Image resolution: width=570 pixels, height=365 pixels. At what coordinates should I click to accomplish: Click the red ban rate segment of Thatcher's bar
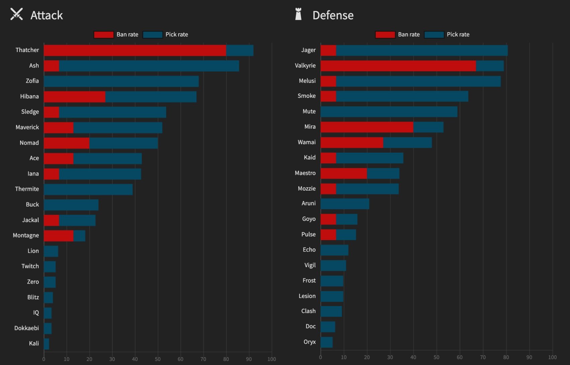coord(135,51)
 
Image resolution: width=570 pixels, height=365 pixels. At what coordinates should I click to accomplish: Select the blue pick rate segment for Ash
coord(149,66)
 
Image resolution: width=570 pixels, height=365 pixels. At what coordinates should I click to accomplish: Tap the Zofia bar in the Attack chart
coord(121,81)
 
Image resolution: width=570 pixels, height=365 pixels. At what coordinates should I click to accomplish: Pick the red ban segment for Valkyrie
coord(398,66)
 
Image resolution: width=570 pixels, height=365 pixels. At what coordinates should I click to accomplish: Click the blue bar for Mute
coord(389,112)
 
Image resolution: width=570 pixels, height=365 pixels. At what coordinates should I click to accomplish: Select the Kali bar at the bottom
coord(46,344)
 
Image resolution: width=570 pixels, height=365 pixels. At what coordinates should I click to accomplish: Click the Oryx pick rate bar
coord(326,342)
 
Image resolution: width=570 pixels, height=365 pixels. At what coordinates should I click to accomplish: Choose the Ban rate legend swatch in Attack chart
coord(104,35)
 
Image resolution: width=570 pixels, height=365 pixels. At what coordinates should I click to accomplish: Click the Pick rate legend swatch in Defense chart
coord(434,35)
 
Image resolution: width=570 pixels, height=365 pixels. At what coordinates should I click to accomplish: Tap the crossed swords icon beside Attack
coord(16,14)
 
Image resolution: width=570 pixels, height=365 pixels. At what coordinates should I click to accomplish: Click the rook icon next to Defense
coord(298,14)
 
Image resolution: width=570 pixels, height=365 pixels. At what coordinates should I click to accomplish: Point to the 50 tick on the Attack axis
coord(158,359)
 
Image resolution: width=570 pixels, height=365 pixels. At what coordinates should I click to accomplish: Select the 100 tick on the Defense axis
coord(552,357)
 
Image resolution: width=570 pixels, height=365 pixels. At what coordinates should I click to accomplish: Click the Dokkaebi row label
coord(26,328)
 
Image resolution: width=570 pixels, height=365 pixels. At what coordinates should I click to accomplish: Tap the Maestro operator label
coord(305,173)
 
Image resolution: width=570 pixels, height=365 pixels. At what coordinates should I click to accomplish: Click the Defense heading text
coord(333,15)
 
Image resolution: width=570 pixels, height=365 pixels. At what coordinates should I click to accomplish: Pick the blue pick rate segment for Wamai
coord(407,143)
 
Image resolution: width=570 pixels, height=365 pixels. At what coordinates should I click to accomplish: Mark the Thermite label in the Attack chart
coord(27,189)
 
